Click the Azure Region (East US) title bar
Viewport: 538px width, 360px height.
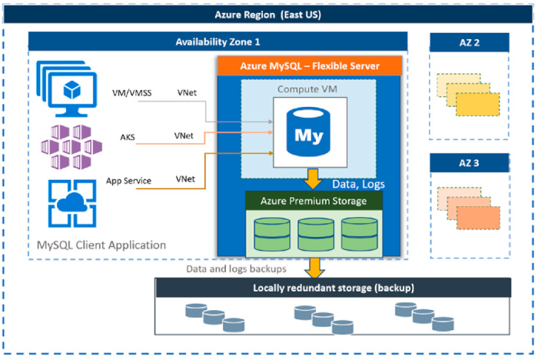pos(268,15)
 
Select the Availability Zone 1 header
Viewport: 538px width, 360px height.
pos(222,42)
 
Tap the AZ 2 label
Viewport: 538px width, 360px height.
pos(469,42)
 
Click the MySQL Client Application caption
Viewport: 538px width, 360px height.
pos(101,245)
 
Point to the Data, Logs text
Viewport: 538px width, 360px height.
pos(359,184)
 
